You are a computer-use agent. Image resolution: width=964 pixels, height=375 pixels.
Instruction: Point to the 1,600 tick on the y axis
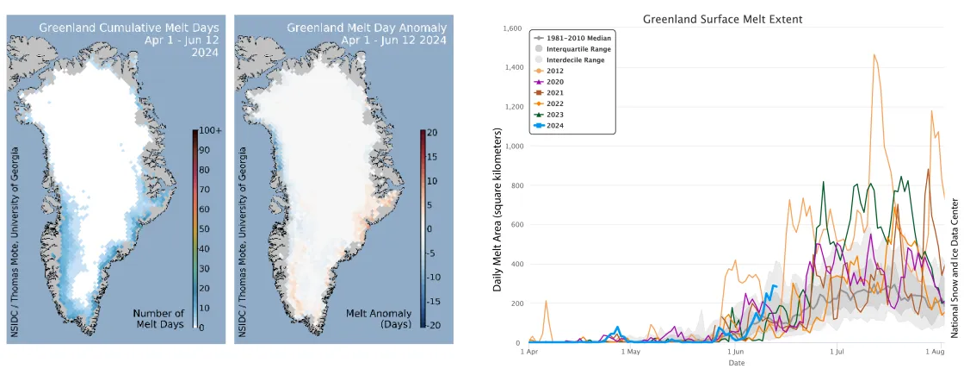tap(510, 28)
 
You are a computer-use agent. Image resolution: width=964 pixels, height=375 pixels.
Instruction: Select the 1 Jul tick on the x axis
tap(835, 352)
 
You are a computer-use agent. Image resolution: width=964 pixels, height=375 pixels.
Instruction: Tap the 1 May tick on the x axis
tap(629, 352)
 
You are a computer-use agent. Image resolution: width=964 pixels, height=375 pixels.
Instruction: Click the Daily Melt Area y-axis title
tap(497, 209)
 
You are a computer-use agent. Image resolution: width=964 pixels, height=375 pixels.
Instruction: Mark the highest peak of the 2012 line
tap(874, 55)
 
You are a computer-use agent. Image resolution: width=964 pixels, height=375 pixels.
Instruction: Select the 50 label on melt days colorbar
tap(205, 228)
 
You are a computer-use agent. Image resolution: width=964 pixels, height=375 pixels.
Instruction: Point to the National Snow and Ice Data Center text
tap(955, 267)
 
